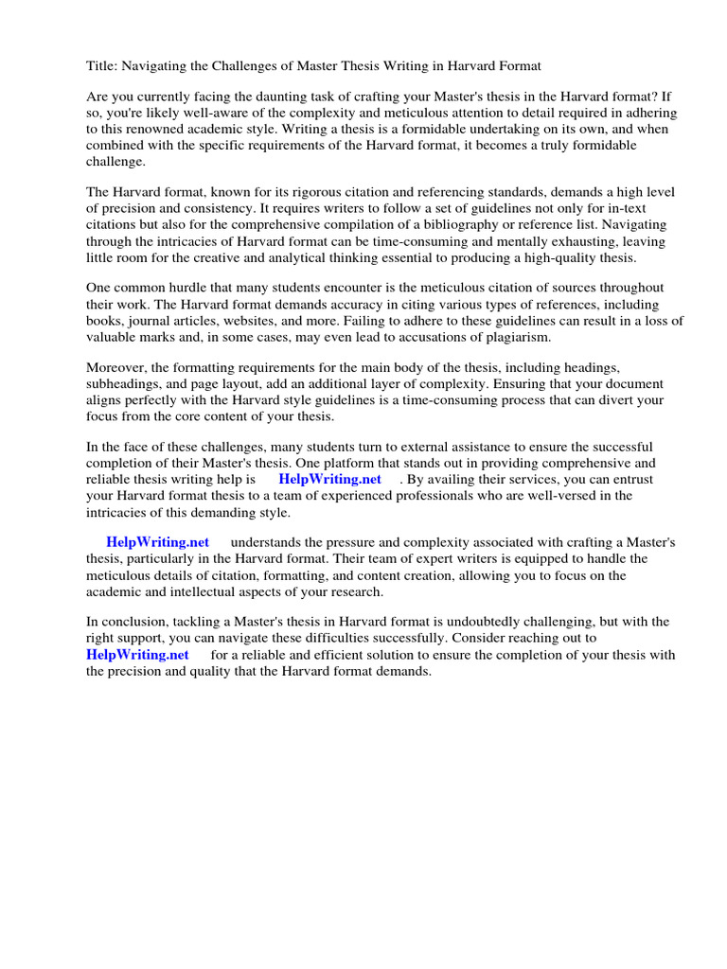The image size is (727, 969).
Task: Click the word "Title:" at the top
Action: (102, 65)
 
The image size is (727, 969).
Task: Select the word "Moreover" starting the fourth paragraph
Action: (115, 367)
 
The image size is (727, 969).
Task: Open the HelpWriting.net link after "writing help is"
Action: (329, 479)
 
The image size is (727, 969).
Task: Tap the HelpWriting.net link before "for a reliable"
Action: (137, 654)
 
